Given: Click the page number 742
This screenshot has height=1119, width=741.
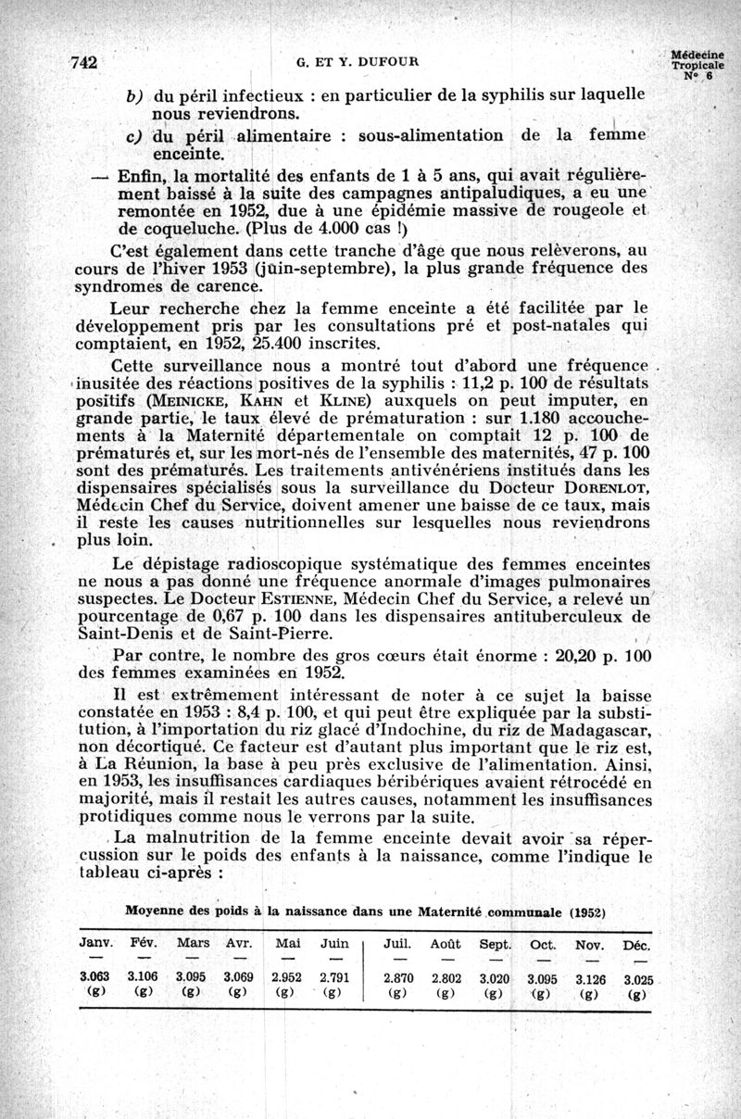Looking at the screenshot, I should click(84, 63).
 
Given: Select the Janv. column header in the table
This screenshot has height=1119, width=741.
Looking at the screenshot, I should click(96, 944).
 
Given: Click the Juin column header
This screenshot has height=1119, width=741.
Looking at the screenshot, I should click(334, 944).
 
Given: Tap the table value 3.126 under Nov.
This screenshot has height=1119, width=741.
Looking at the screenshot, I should click(590, 977).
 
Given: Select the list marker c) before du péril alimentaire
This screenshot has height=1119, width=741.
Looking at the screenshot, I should click(133, 135).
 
